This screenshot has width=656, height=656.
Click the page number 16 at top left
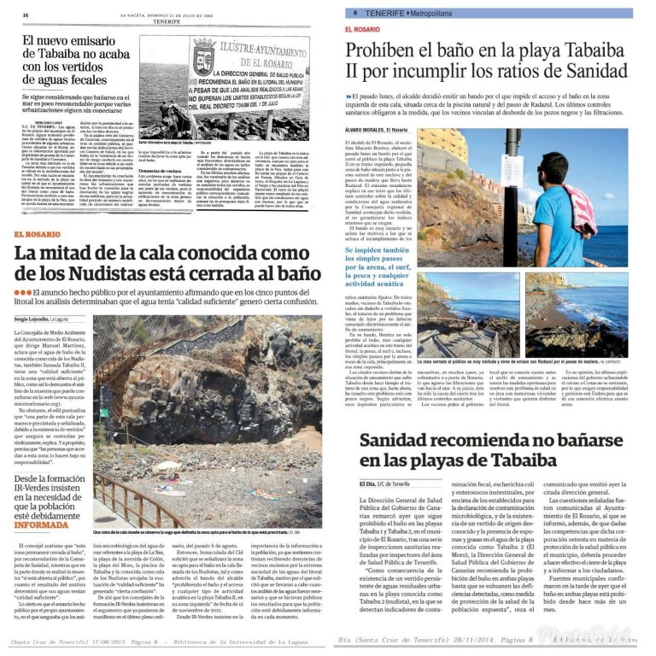[26, 15]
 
